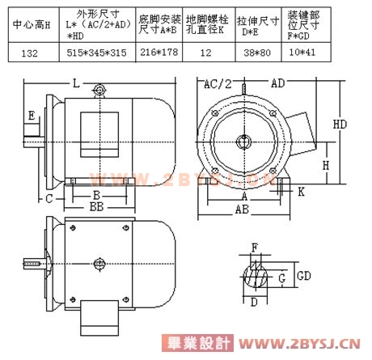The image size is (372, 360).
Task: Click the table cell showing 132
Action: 30,53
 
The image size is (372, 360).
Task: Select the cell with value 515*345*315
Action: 97,53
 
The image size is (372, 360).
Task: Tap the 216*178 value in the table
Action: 159,52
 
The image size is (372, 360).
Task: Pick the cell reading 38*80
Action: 257,53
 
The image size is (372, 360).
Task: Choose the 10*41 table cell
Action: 302,52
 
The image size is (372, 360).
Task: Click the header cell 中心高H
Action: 32,25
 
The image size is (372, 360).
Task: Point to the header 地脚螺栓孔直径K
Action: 207,24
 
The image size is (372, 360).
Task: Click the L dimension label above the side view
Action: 76,83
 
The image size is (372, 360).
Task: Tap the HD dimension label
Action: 340,125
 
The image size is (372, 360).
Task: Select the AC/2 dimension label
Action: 218,84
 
